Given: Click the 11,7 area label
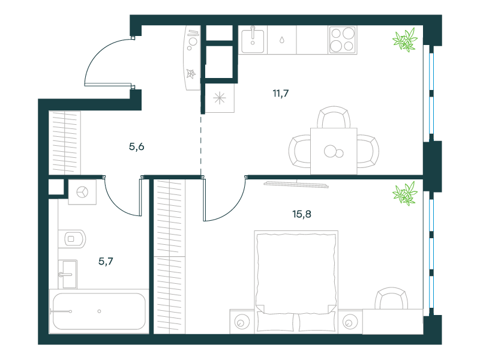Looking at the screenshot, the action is pos(280,93).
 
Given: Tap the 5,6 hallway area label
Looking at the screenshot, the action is pos(137,146).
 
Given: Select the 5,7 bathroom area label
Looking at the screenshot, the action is pos(106,261).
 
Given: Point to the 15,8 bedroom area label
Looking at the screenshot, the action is pos(302,214).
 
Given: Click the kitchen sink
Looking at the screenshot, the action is pos(253,40).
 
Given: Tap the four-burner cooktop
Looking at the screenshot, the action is pos(343,40).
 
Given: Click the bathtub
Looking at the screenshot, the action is pos(99,311).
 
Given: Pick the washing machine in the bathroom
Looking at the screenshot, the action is pos(82,192).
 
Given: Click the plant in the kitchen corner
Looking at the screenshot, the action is pos(404,40).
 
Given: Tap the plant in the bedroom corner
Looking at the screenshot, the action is pos(404,193).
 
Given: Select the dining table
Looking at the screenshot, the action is pos(334,151).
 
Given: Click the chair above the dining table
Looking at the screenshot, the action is pos(334,117).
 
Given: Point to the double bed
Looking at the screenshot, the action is pos(296,282).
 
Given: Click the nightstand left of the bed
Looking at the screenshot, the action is pos(242,322).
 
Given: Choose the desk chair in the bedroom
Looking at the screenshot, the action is pos(391,298).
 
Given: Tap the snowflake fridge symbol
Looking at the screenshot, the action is pos(220,98).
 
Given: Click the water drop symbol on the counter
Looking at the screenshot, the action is pos(282,40).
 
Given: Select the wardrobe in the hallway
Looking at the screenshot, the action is pos(65,143).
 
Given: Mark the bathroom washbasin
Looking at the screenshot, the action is pos(68,274).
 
